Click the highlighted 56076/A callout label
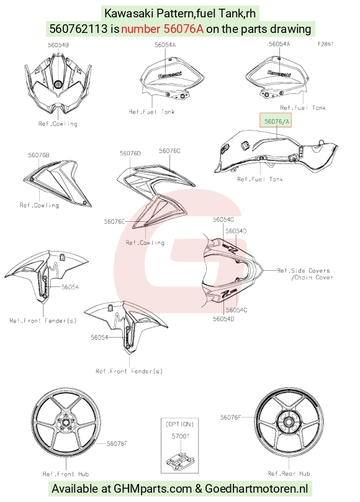276,121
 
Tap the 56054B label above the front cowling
58,45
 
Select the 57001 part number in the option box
181,436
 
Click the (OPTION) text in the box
179,424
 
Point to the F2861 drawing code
325,44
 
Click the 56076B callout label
38,155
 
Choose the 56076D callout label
130,153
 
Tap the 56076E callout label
114,221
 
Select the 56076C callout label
169,151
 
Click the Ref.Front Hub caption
66,474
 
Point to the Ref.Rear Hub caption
289,473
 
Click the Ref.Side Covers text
303,270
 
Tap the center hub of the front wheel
66,422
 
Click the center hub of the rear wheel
289,421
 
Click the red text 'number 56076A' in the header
162,29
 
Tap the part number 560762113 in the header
78,29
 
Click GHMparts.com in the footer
153,489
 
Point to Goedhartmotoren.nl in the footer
256,488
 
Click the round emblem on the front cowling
58,84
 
